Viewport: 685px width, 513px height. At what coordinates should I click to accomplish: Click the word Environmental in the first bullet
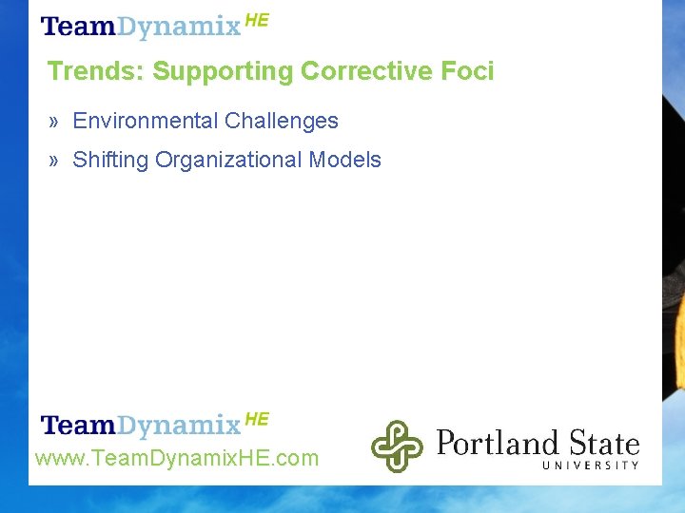pos(145,121)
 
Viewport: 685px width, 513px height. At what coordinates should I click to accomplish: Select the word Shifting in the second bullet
pos(110,160)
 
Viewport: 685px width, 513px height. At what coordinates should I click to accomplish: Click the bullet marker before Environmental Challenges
pos(55,122)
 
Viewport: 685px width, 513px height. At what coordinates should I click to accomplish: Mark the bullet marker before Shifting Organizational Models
pos(55,161)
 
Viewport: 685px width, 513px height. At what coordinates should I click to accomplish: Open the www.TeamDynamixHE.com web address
pos(177,459)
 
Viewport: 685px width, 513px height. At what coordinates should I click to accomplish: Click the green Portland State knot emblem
pos(397,446)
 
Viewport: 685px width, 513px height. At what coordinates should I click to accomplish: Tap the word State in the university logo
pos(604,443)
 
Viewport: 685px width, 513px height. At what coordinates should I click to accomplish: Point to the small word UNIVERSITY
pos(590,465)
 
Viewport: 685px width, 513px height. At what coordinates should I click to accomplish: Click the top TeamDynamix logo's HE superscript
pos(257,20)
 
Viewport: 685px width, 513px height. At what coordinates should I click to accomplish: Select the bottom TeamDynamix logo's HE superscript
pos(257,418)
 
